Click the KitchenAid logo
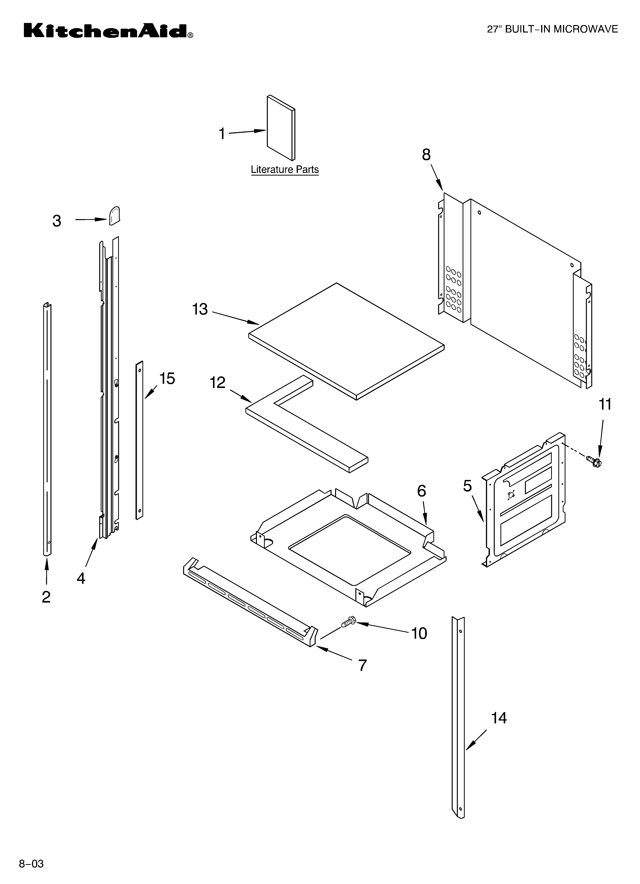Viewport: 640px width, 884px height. [108, 31]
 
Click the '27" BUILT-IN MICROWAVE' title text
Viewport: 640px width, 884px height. [552, 30]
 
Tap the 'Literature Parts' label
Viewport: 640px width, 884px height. [284, 170]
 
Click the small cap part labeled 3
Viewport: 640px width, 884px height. [114, 216]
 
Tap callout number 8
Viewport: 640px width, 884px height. [426, 155]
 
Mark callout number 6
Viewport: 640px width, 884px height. [421, 491]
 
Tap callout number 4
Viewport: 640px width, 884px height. [81, 578]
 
